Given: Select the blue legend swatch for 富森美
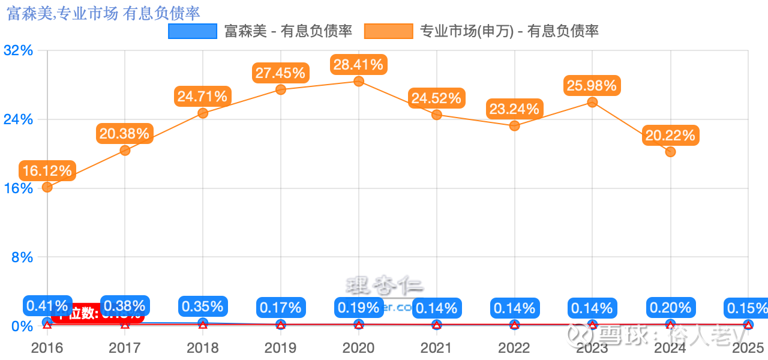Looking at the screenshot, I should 193,31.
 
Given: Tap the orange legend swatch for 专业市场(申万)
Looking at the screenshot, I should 388,31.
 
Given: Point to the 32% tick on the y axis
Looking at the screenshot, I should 18,50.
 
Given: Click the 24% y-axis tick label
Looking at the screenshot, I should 18,119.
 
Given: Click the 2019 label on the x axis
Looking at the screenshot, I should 280,348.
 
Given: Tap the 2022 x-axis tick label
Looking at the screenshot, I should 514,348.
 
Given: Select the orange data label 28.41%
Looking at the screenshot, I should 359,64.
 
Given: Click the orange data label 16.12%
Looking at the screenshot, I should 47,171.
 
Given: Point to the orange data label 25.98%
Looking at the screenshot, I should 592,86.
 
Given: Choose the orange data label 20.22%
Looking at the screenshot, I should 670,136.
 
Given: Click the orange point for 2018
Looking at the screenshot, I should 203,113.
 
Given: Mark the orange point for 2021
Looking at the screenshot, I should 437,115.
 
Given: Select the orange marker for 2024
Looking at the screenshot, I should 670,152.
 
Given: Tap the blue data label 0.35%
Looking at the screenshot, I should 203,306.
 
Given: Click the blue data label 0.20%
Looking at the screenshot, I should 670,308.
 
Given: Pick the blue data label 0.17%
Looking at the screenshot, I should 280,308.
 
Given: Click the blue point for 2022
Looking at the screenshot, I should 514,325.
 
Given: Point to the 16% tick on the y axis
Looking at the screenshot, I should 18,188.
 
